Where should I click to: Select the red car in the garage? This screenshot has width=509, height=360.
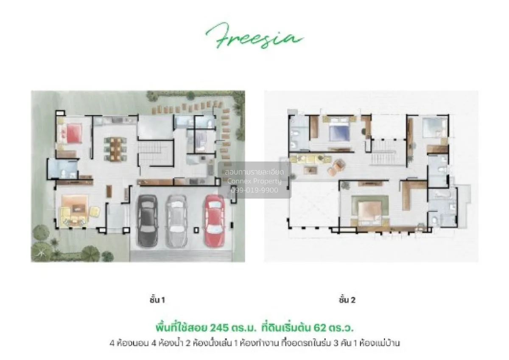214,220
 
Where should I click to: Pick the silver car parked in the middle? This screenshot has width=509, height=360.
176,220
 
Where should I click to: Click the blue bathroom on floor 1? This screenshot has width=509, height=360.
62,169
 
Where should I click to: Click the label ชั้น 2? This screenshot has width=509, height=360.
347,300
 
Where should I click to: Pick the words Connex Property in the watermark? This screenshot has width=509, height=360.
255,181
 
